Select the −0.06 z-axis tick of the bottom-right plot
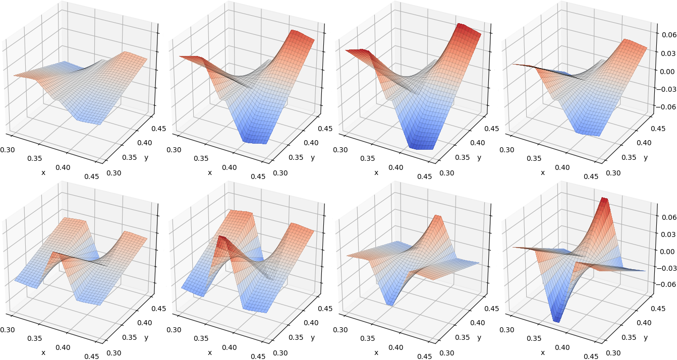[x=665, y=284]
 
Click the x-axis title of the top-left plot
[x=43, y=173]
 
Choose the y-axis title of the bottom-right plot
[x=646, y=337]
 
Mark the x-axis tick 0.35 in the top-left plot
[x=34, y=158]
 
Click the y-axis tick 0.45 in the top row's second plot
[x=325, y=129]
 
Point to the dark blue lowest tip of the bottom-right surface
[x=557, y=320]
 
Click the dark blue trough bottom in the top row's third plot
[x=421, y=147]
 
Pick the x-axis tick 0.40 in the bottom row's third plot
[x=396, y=347]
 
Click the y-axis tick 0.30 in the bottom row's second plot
[x=280, y=353]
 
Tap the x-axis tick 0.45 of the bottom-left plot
[x=92, y=356]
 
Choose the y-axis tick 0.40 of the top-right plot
[x=644, y=143]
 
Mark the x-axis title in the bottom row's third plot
[x=376, y=353]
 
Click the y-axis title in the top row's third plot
[x=479, y=157]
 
